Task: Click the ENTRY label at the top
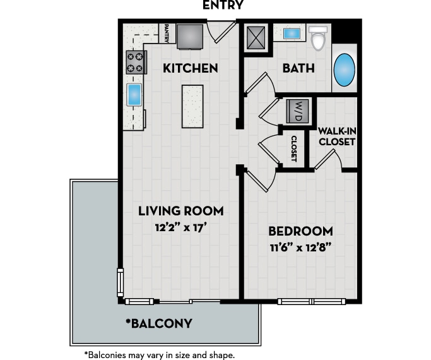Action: coord(223,6)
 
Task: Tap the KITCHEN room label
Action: coord(191,68)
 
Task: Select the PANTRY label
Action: coord(166,33)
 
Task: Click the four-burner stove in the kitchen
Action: coord(136,62)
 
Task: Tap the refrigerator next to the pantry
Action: coord(190,35)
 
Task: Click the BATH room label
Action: coord(298,68)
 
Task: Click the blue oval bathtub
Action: coord(345,70)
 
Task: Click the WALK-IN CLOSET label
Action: coord(337,136)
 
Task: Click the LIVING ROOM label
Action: coord(180,211)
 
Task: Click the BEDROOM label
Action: coord(300,231)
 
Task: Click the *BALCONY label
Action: coord(158,324)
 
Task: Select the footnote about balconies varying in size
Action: coord(160,355)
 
